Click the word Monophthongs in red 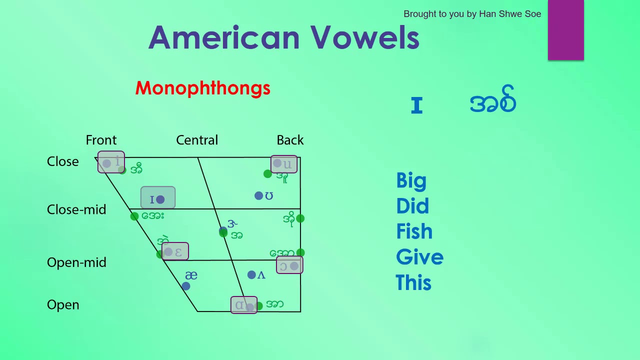[x=202, y=88]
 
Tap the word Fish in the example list [x=414, y=232]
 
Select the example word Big [x=411, y=181]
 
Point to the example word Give [x=419, y=257]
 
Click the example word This [x=413, y=283]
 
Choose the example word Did [x=412, y=206]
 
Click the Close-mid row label [x=76, y=209]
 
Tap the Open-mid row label [x=76, y=262]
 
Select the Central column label [x=197, y=140]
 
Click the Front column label [x=101, y=140]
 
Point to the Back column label [x=290, y=140]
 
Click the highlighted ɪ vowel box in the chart [x=158, y=198]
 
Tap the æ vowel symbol [x=191, y=275]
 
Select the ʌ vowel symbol [x=261, y=275]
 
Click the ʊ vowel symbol [x=269, y=196]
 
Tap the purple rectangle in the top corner [x=565, y=30]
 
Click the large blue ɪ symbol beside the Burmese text [x=416, y=105]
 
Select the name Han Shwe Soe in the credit [x=510, y=14]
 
